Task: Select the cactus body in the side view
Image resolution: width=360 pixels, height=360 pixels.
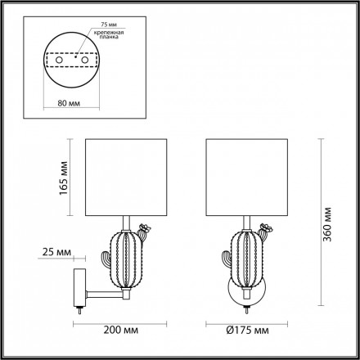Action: (123, 259)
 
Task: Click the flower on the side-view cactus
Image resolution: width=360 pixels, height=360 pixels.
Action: (145, 228)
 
